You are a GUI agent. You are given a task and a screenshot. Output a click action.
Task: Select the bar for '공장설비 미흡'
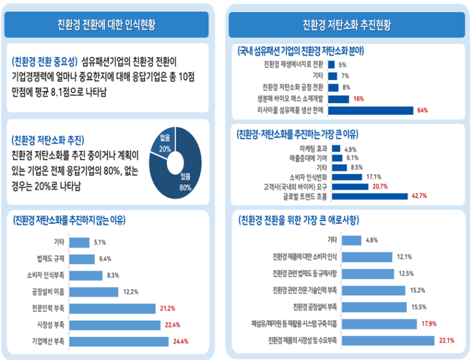pos(94,291)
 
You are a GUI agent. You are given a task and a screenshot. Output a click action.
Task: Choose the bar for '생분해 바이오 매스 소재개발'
pos(338,99)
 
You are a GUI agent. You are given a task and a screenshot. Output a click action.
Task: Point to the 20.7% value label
pos(380,186)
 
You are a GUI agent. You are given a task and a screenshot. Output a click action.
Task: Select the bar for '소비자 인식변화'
pos(345,177)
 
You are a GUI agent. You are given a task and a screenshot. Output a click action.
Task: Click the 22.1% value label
pos(446,340)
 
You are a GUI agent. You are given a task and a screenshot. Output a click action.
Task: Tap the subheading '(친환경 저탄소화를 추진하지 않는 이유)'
pos(76,220)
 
